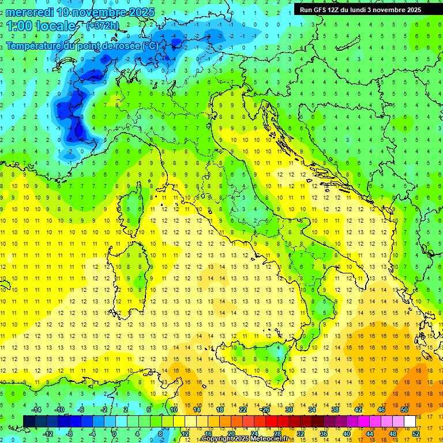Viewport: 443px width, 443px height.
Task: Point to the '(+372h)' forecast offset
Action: [103, 26]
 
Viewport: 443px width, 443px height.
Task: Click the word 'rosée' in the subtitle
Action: [126, 45]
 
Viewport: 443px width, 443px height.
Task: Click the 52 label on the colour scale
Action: [415, 434]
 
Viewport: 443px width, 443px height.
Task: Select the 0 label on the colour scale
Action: [114, 434]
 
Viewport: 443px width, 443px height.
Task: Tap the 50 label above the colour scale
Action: [404, 410]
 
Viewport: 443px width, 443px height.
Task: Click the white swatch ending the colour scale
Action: [410, 422]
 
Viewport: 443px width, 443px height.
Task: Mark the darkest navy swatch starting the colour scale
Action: [29, 422]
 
